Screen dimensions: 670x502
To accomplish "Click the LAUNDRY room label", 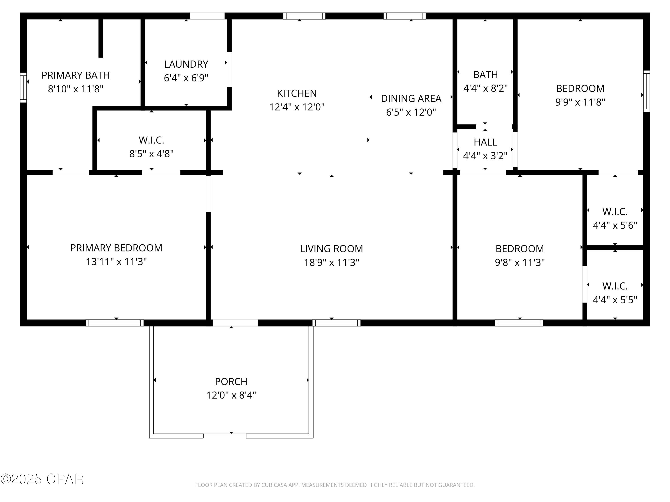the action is click(186, 64).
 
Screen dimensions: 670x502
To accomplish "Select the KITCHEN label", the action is click(297, 93).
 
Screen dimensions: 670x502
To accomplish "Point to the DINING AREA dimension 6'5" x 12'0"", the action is click(411, 112).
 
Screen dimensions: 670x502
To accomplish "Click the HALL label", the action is click(485, 142).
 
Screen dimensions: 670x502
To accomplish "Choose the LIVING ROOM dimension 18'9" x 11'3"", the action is click(332, 262).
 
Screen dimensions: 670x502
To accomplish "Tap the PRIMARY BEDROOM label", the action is click(116, 248).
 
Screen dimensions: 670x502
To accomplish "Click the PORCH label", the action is click(231, 382).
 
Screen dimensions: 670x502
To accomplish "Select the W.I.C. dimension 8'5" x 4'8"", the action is click(151, 154).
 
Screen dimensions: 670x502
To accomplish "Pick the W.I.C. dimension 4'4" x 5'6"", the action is click(615, 225).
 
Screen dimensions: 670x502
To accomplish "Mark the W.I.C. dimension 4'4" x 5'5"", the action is click(615, 300).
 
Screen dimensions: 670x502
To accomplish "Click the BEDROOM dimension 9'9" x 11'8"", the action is click(580, 102).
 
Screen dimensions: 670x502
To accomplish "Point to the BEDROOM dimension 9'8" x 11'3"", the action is click(520, 262).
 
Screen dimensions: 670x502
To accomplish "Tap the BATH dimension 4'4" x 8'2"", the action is click(486, 88).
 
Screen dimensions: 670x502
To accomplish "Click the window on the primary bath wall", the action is click(23, 87).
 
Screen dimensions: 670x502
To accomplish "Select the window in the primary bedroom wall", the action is click(115, 323).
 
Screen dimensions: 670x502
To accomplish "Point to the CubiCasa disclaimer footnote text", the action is click(335, 485).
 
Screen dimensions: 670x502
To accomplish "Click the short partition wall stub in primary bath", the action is click(101, 38).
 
